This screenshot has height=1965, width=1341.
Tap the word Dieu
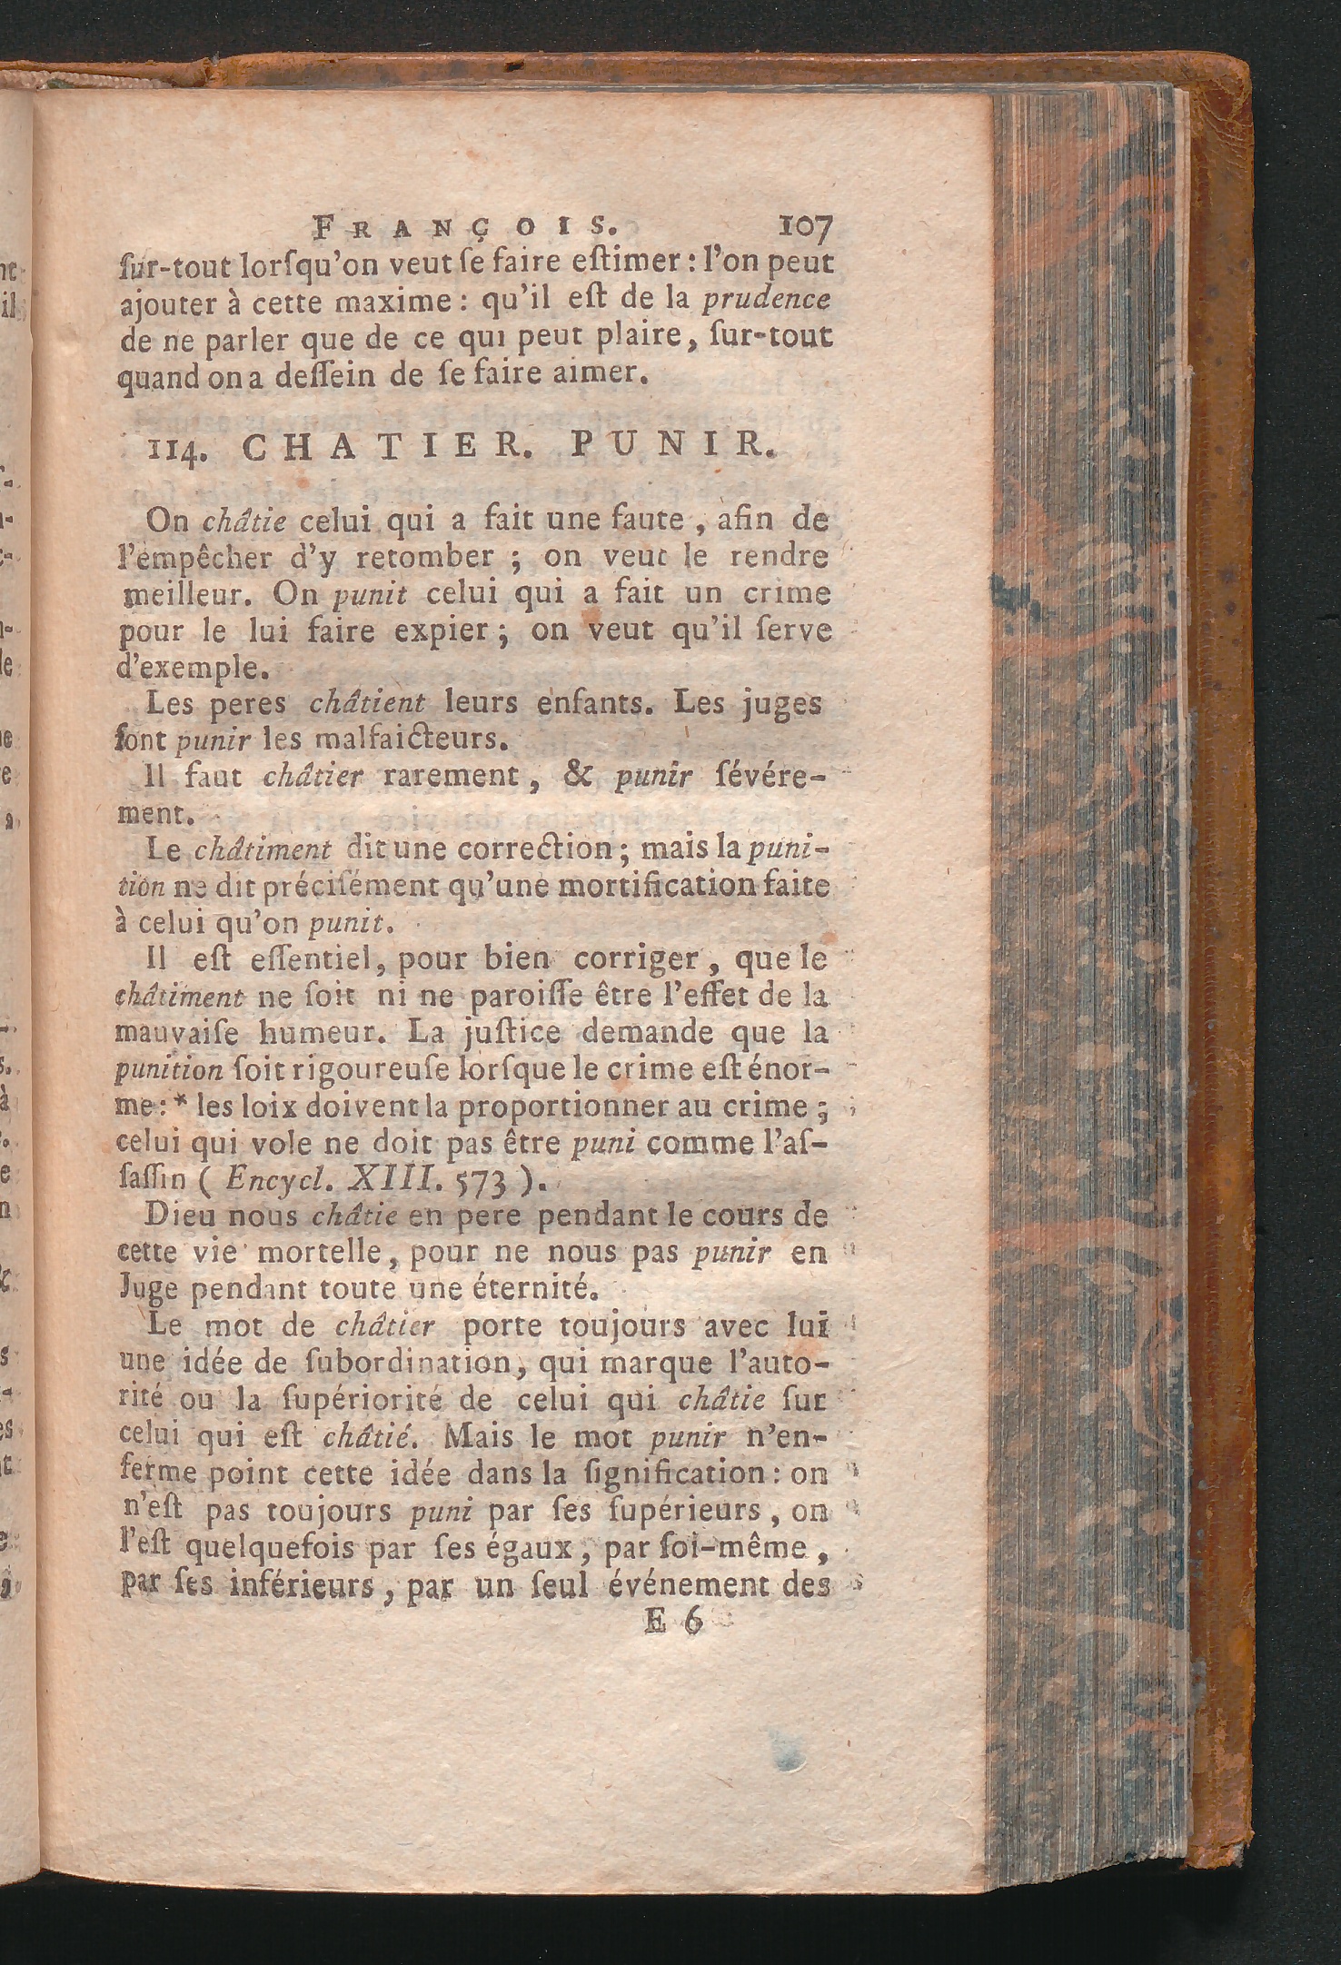[181, 1217]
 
